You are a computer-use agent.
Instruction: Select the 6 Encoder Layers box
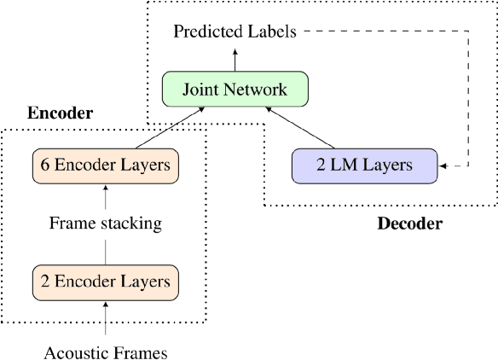(106, 165)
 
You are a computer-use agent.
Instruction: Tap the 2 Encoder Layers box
(106, 280)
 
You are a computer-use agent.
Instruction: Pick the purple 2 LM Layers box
(364, 165)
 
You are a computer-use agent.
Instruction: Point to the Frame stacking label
(106, 224)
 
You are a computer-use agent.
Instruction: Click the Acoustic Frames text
(106, 350)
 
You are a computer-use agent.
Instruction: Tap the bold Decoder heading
(409, 224)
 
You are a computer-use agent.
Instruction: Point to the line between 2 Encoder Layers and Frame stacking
(106, 251)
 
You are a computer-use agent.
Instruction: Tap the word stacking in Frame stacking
(131, 224)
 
